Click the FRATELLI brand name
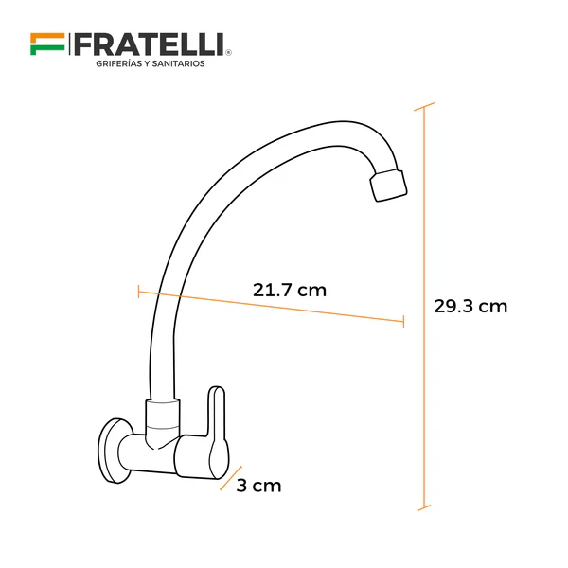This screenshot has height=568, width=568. [149, 43]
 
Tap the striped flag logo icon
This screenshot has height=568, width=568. [46, 43]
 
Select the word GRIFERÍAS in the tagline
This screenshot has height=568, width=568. [118, 63]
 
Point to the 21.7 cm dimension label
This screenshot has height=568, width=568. [289, 290]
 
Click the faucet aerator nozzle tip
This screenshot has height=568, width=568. [387, 185]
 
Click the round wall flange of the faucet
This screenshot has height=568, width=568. [115, 448]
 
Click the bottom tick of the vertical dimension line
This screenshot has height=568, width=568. [424, 509]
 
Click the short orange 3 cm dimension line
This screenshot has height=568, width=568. [232, 478]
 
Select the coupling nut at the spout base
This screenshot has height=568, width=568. [162, 413]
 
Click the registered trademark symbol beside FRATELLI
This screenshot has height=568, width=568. [228, 53]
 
